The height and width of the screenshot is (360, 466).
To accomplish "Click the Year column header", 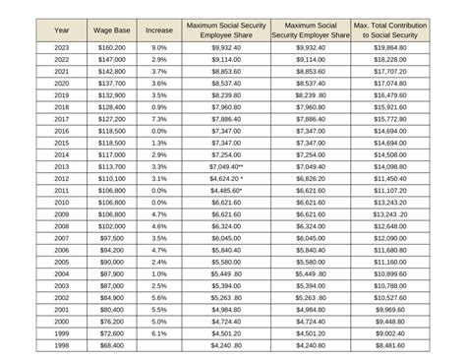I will pyautogui.click(x=62, y=31).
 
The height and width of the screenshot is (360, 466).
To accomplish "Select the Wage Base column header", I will pyautogui.click(x=112, y=31).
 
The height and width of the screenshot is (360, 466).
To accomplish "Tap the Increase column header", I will pyautogui.click(x=159, y=31).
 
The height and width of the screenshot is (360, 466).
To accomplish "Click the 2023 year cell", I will pyautogui.click(x=62, y=47).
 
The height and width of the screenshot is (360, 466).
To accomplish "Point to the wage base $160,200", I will pyautogui.click(x=112, y=47).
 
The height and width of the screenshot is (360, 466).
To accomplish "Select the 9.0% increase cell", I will pyautogui.click(x=159, y=47).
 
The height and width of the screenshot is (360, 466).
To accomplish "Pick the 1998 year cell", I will pyautogui.click(x=62, y=346).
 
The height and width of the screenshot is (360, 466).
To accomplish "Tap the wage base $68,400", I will pyautogui.click(x=112, y=346).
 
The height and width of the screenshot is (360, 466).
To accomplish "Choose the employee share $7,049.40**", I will pyautogui.click(x=228, y=167).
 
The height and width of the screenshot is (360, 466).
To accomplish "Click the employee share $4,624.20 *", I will pyautogui.click(x=228, y=179).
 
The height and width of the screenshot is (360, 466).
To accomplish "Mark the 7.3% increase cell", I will pyautogui.click(x=159, y=119).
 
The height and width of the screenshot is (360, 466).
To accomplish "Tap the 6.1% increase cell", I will pyautogui.click(x=159, y=334).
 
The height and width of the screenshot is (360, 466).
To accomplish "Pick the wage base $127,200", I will pyautogui.click(x=112, y=119).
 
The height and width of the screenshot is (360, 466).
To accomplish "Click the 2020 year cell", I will pyautogui.click(x=62, y=84).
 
